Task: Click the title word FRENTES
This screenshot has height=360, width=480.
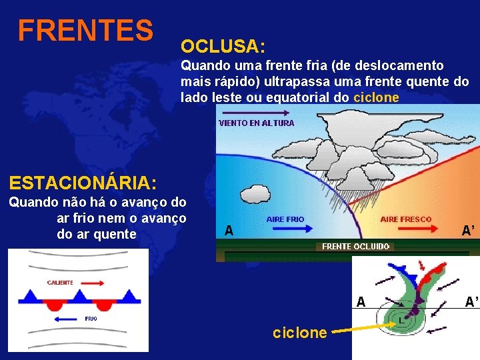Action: (85, 30)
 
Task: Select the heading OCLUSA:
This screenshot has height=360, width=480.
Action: (223, 47)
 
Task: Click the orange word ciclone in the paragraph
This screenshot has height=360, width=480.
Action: (376, 97)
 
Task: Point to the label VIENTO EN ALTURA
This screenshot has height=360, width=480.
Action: (257, 123)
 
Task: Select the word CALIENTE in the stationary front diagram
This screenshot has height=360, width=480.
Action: (60, 283)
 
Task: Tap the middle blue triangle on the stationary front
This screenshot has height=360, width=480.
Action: (79, 295)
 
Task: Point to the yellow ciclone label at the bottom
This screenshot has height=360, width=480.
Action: (300, 332)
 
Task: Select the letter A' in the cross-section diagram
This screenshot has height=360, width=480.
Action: (468, 231)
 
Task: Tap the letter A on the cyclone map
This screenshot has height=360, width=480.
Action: (361, 301)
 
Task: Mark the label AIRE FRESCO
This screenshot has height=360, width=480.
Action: (405, 219)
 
